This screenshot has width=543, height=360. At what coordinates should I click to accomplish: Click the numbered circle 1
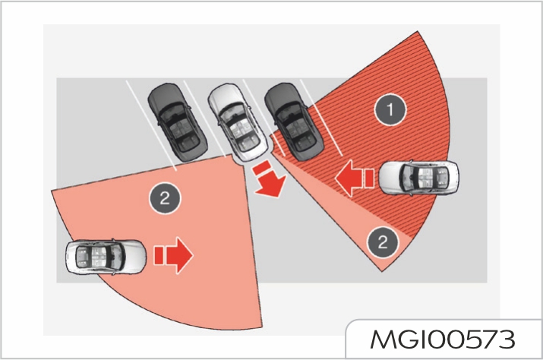click(x=390, y=109)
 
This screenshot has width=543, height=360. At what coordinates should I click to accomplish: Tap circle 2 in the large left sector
click(x=165, y=198)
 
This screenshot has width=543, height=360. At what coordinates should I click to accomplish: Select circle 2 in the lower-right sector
click(x=383, y=242)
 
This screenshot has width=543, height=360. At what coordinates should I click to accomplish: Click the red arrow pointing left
click(x=349, y=178)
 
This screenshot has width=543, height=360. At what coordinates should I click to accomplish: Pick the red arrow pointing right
click(x=179, y=255)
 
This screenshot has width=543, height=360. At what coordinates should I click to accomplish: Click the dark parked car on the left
click(x=178, y=122)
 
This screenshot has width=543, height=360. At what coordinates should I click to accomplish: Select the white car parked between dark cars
click(x=238, y=122)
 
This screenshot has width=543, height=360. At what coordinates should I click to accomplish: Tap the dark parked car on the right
click(x=294, y=122)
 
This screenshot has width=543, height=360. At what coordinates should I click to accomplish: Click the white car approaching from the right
click(x=419, y=178)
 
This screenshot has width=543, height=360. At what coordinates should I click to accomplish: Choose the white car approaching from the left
click(x=106, y=257)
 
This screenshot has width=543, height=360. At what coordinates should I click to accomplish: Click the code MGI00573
click(x=443, y=339)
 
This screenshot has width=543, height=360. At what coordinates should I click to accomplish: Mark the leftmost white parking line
click(x=152, y=126)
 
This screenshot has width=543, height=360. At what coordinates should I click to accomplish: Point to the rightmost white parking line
click(x=322, y=118)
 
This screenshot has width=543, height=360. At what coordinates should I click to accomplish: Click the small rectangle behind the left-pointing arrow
click(x=370, y=178)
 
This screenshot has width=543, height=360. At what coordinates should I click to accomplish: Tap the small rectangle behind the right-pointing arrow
click(x=159, y=256)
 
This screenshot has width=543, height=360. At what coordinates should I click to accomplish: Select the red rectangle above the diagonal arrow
click(x=261, y=168)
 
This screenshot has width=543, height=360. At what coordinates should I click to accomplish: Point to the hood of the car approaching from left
click(x=134, y=257)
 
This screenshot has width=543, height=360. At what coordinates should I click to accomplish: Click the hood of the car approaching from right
click(x=391, y=178)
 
